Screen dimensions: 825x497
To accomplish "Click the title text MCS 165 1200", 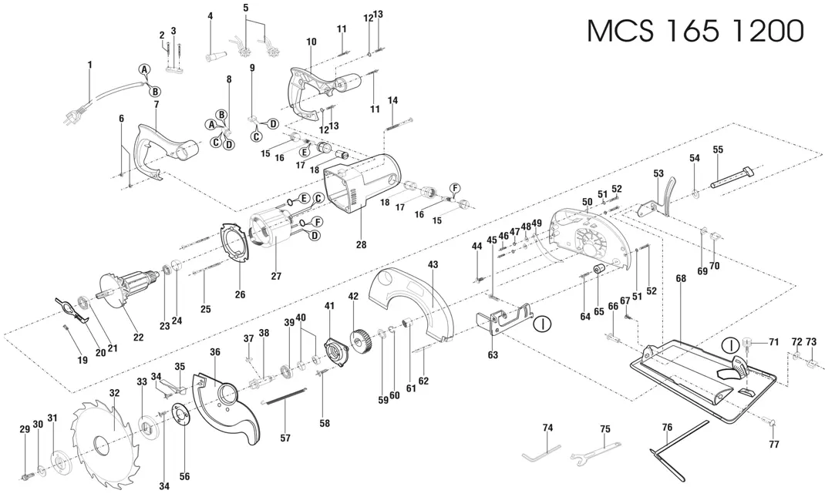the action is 695,31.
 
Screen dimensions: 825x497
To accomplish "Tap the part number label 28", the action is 361,244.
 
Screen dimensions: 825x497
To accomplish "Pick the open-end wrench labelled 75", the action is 592,452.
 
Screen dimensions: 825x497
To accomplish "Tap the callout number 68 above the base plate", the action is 681,278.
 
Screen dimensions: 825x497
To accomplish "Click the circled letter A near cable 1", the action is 144,69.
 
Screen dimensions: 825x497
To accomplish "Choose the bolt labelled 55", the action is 732,177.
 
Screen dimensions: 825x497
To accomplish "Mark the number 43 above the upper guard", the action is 433,264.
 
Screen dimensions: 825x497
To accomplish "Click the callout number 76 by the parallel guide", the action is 667,428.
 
